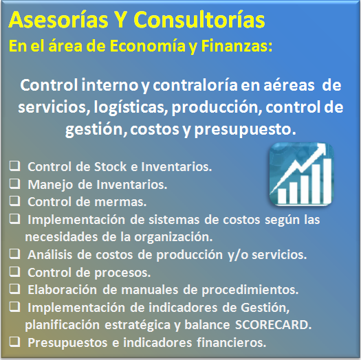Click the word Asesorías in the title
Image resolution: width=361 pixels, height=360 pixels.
[58, 19]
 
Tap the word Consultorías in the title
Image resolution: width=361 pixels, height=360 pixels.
[199, 19]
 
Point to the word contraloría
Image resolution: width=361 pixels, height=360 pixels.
[195, 85]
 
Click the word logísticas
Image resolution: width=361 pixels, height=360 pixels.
[131, 107]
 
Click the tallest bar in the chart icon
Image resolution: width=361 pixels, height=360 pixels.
[327, 181]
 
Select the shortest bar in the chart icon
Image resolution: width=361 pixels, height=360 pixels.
[282, 196]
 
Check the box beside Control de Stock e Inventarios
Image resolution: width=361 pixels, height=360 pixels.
[14, 166]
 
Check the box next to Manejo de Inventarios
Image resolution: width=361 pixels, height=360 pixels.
[14, 183]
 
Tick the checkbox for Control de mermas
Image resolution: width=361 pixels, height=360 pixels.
[14, 201]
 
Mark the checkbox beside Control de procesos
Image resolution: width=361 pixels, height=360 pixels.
[14, 271]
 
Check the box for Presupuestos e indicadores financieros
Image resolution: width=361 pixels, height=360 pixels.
[14, 342]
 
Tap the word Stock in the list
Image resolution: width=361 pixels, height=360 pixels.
[110, 166]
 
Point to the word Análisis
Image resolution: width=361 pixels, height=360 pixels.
[50, 255]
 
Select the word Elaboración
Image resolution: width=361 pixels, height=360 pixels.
[62, 290]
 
